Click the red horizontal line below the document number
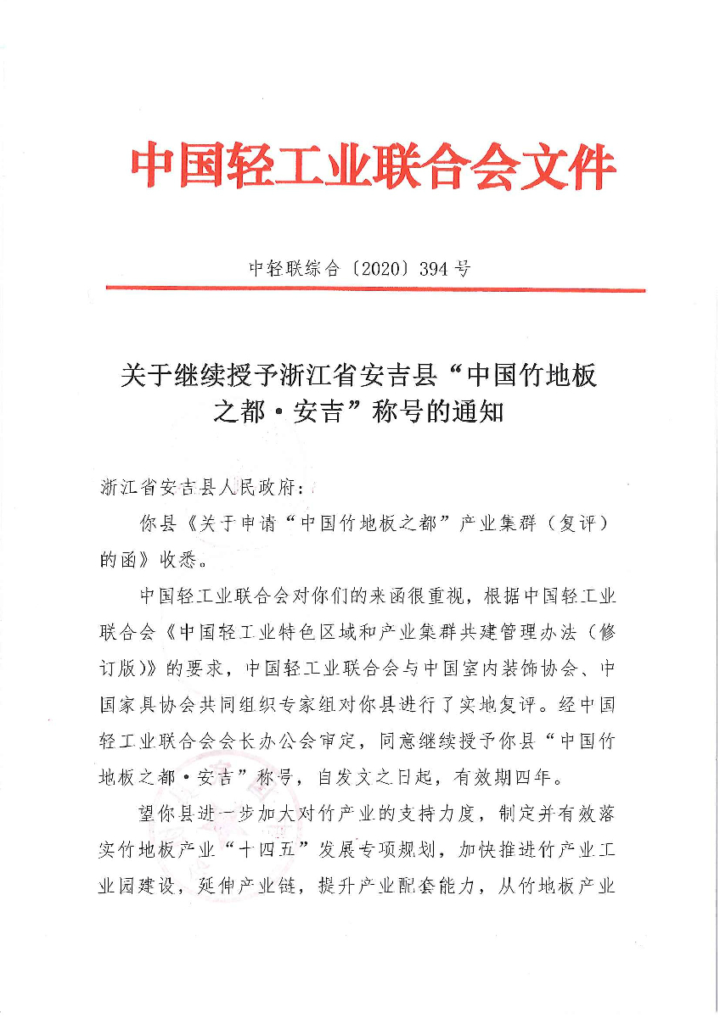point(374,290)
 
